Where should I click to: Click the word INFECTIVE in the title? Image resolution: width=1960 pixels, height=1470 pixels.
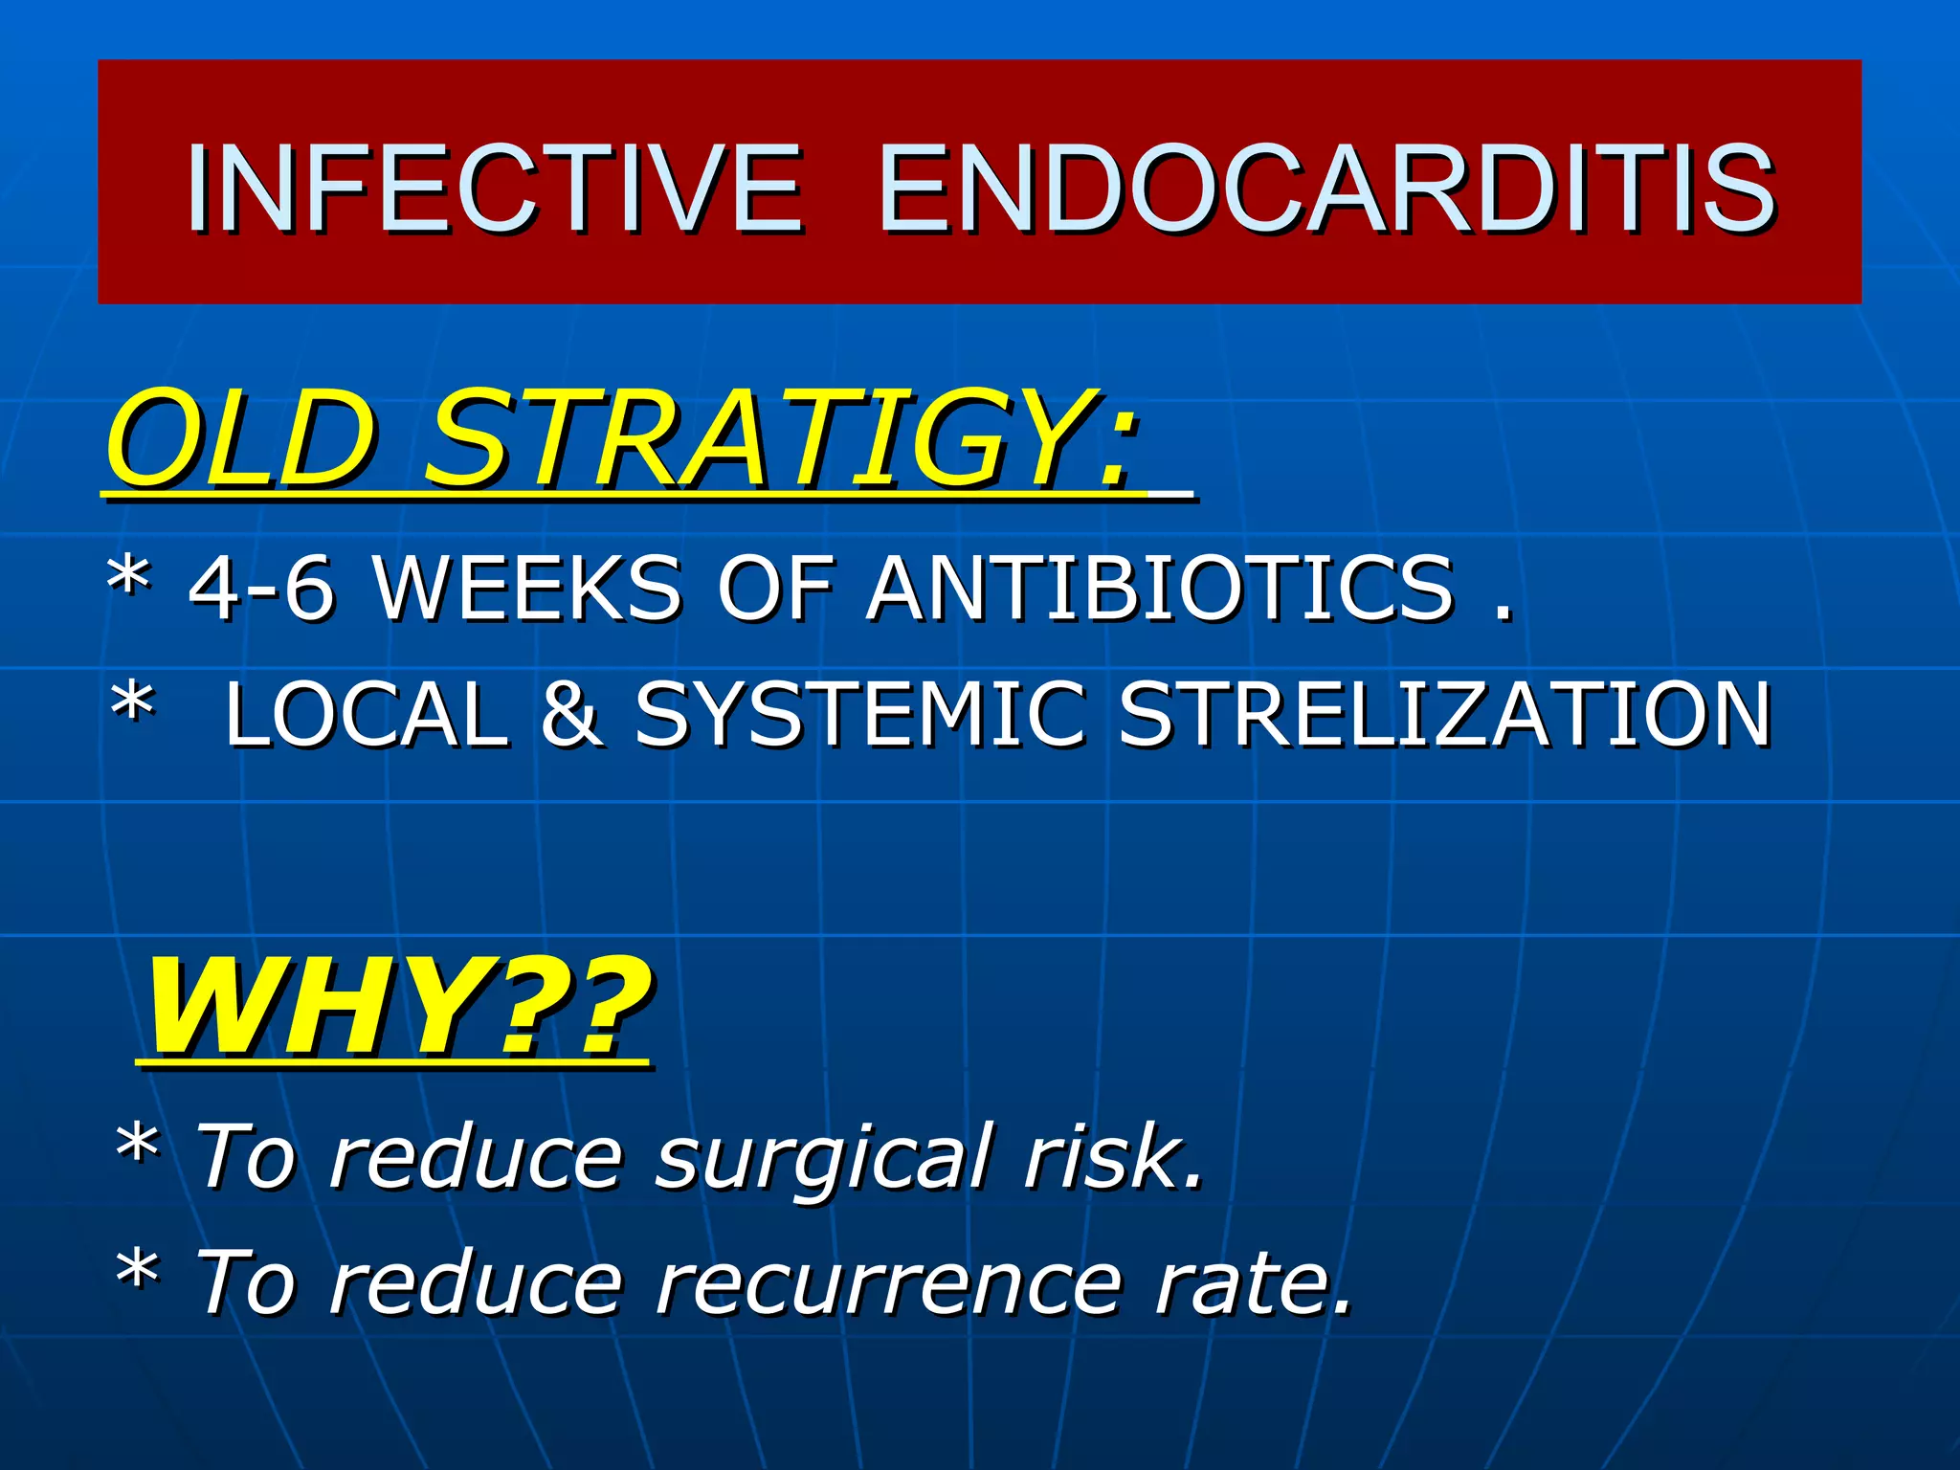click(x=494, y=188)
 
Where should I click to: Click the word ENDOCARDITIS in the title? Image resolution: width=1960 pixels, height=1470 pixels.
click(x=1325, y=188)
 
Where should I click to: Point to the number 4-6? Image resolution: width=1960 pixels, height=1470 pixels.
click(x=260, y=588)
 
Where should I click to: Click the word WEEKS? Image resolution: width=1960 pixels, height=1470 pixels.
click(x=526, y=588)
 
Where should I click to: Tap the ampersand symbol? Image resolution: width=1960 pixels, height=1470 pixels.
click(x=571, y=714)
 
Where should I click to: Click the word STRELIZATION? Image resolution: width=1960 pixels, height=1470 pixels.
click(x=1444, y=714)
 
